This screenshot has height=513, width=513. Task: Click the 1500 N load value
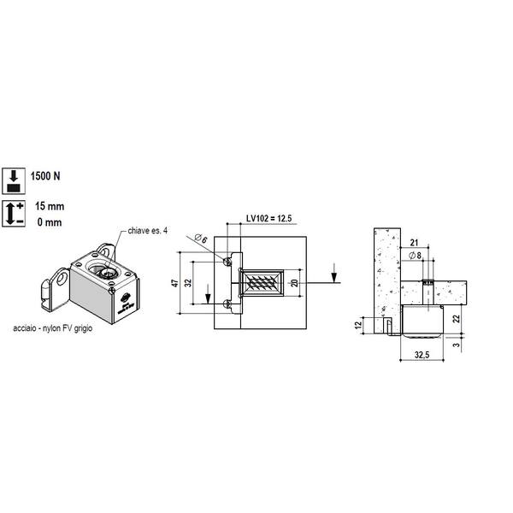click(45, 176)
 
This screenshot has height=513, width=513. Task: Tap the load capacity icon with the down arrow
click(14, 181)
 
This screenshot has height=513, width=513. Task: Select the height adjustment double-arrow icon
click(14, 214)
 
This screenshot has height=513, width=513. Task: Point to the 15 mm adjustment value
click(50, 206)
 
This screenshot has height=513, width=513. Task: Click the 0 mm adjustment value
click(50, 222)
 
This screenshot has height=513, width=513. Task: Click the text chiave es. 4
click(148, 231)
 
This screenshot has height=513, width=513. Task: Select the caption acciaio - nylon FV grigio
click(53, 327)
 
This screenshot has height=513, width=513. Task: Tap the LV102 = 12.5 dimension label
click(269, 218)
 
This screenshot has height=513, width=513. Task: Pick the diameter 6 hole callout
click(201, 239)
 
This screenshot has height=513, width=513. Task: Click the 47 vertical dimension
click(175, 283)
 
